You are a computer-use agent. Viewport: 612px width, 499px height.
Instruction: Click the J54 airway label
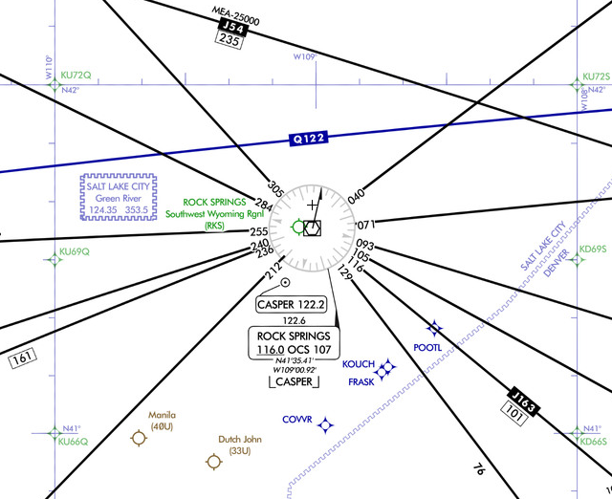click(x=233, y=28)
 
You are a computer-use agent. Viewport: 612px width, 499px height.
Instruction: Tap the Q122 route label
click(x=308, y=139)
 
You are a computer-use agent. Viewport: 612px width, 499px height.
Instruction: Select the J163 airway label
click(x=523, y=401)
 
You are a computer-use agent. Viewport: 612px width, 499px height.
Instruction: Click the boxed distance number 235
click(x=229, y=39)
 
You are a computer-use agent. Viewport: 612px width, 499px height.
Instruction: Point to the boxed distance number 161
click(x=22, y=358)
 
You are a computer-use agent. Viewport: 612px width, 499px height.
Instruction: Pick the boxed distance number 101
click(x=514, y=414)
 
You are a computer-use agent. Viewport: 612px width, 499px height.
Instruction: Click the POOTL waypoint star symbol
click(x=434, y=328)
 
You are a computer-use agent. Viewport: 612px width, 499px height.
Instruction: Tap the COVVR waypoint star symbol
click(x=325, y=424)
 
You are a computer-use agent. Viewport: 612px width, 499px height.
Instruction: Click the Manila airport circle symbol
click(x=139, y=438)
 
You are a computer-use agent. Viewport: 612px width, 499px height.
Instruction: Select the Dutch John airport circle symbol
click(x=214, y=462)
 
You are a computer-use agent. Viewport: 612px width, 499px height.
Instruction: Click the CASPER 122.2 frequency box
click(x=291, y=304)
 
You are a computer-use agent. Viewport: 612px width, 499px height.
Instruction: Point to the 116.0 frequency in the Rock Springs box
click(x=271, y=350)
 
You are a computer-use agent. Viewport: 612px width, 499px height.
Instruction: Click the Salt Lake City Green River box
click(x=119, y=198)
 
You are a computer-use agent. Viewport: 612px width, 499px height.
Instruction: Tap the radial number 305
click(x=276, y=189)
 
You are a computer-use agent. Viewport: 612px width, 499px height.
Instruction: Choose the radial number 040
click(x=357, y=196)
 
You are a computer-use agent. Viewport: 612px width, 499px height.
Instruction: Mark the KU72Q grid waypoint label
click(x=76, y=76)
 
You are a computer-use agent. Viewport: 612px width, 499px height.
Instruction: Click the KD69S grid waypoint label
click(x=593, y=249)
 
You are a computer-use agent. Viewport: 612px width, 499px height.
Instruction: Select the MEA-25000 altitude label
click(x=236, y=15)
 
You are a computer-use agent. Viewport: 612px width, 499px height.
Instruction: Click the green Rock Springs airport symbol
click(x=298, y=227)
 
